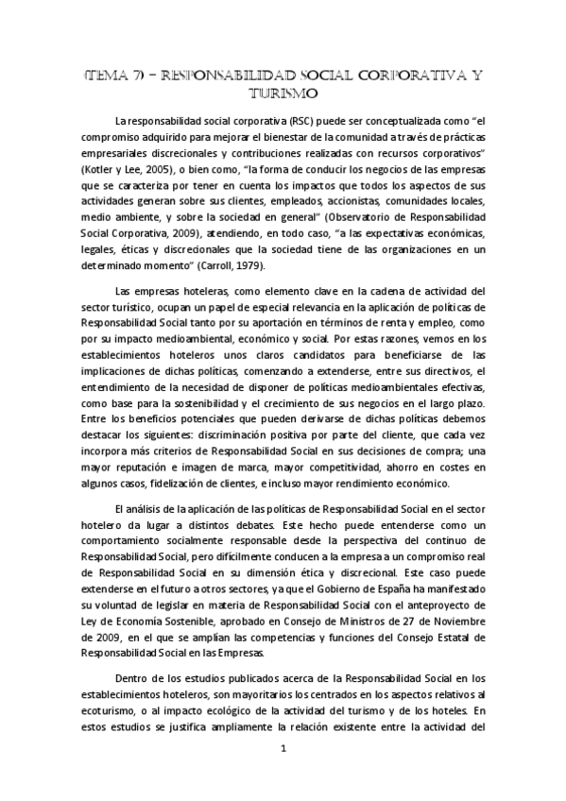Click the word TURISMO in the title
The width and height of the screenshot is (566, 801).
pos(283,94)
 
